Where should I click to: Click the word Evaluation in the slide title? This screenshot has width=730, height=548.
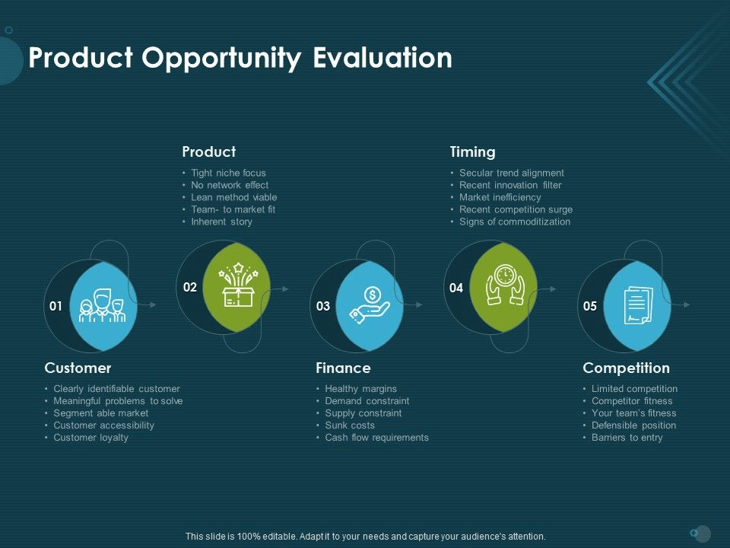(382, 58)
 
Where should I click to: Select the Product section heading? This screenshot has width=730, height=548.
(209, 151)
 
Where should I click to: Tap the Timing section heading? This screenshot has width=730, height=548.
(472, 152)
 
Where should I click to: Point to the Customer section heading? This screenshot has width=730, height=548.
(78, 368)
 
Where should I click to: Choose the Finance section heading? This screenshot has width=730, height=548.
(343, 368)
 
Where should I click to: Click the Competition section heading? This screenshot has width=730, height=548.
(626, 368)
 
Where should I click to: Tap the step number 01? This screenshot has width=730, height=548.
(56, 306)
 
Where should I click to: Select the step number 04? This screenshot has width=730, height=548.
(456, 288)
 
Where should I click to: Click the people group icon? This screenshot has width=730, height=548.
(103, 306)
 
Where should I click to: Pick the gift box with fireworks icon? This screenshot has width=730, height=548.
(238, 285)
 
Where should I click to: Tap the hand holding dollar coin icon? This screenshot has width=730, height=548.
(370, 305)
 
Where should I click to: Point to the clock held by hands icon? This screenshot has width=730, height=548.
(505, 285)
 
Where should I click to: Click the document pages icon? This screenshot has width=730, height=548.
(638, 306)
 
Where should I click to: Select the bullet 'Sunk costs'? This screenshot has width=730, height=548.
(350, 425)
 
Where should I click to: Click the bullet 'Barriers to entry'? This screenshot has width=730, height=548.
(627, 438)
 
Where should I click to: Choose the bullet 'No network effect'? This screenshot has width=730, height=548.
(230, 185)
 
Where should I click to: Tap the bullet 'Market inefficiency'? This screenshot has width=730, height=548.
(500, 198)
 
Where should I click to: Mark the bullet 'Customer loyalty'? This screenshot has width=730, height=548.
(90, 438)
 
